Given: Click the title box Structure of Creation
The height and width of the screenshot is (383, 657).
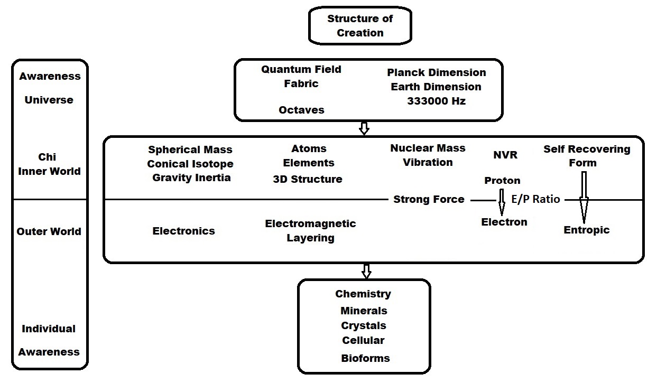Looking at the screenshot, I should click(x=360, y=26).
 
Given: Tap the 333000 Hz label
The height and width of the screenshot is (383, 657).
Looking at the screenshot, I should click(x=436, y=101).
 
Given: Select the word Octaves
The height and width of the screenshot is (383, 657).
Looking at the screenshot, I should click(x=301, y=110).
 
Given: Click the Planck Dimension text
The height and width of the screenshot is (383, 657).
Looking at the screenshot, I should click(x=436, y=72).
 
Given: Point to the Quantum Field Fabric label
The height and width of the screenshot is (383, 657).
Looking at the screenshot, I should click(x=301, y=76).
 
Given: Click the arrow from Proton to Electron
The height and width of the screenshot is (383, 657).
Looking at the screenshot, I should click(x=501, y=200).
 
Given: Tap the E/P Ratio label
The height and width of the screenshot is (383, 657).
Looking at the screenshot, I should click(x=535, y=200).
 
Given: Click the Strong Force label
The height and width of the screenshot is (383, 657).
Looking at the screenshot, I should click(x=429, y=200).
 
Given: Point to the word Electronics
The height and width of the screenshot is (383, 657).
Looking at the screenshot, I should click(x=183, y=231).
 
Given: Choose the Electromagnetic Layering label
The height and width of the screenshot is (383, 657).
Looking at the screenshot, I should click(x=310, y=231).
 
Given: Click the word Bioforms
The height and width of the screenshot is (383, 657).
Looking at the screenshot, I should click(x=365, y=358).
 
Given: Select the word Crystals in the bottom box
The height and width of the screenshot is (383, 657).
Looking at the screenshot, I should click(x=363, y=325).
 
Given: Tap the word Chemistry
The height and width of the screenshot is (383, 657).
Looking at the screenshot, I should click(x=363, y=294).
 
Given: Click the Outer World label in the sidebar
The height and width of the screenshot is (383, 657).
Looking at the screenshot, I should click(x=49, y=231).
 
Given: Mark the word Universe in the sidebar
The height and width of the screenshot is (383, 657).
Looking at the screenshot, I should click(x=49, y=100).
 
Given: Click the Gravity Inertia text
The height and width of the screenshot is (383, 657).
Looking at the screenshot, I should click(x=191, y=178).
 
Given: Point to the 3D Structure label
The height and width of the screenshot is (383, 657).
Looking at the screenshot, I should click(x=307, y=179).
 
